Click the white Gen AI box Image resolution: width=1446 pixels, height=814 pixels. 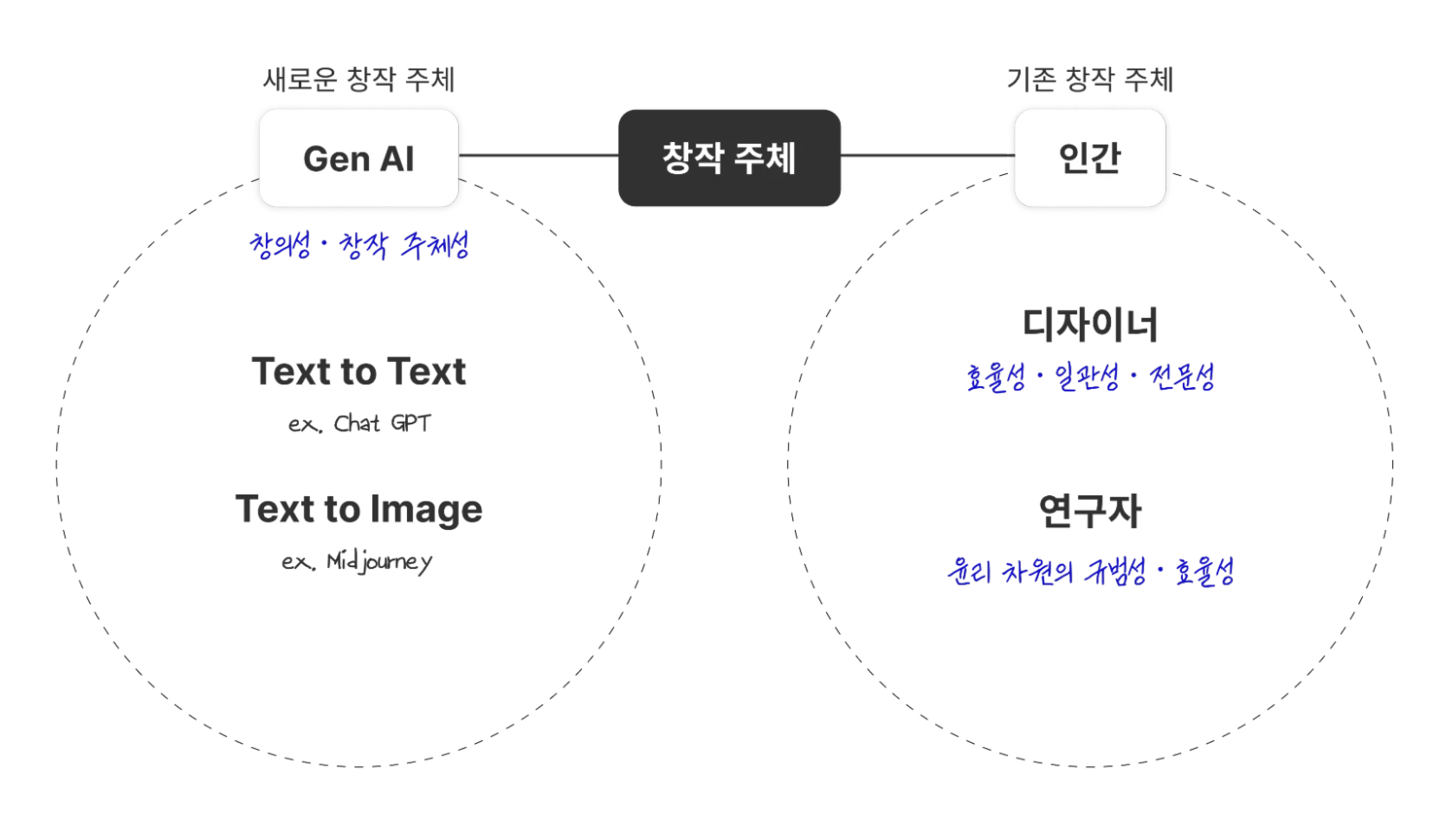[x=358, y=158]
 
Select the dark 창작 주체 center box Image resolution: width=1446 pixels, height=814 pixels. [x=729, y=158]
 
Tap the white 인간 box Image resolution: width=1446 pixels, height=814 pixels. [x=1089, y=158]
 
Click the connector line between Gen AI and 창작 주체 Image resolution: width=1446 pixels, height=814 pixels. [x=541, y=157]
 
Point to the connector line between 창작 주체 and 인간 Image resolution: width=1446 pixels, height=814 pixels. [x=924, y=157]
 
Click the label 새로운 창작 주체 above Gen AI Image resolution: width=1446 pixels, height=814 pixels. [x=358, y=79]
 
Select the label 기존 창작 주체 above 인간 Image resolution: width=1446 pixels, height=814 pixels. [x=1089, y=79]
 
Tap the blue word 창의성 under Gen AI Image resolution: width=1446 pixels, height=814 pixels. [x=280, y=246]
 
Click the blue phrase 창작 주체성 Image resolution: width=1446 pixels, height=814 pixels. [x=404, y=246]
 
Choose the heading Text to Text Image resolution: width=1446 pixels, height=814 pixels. [x=359, y=371]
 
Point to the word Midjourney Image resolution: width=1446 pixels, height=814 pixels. [x=381, y=562]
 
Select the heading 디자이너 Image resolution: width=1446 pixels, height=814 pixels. [x=1091, y=324]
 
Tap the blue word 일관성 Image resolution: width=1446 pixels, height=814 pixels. [x=1088, y=378]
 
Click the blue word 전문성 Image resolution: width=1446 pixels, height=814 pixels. [x=1183, y=378]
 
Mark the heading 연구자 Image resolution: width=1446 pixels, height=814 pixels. [x=1091, y=512]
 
